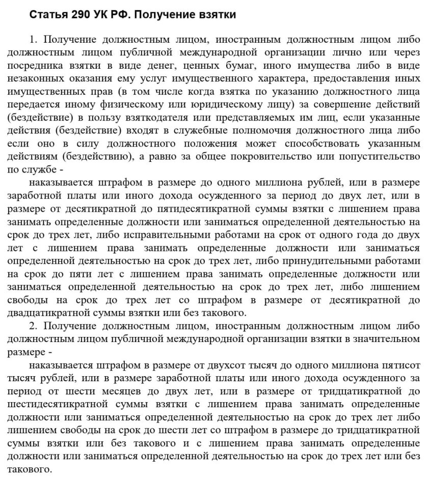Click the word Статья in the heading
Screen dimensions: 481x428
tap(47, 15)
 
